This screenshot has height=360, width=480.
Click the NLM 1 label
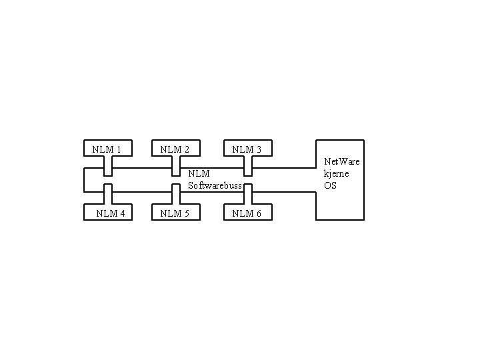(x=107, y=149)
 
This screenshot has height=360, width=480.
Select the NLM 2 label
(x=175, y=149)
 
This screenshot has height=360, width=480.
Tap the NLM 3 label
(x=247, y=149)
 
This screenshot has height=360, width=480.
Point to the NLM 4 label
(x=111, y=213)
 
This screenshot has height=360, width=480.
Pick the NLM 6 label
(x=247, y=213)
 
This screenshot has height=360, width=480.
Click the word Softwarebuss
(x=215, y=185)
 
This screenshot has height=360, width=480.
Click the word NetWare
(x=342, y=161)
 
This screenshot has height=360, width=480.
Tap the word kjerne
(x=337, y=173)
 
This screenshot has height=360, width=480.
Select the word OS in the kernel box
(x=331, y=185)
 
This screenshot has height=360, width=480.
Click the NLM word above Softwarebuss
(x=199, y=174)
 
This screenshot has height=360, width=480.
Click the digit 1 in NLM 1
(x=118, y=149)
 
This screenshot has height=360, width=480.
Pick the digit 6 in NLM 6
(x=258, y=213)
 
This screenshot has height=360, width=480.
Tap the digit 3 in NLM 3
(x=258, y=149)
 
